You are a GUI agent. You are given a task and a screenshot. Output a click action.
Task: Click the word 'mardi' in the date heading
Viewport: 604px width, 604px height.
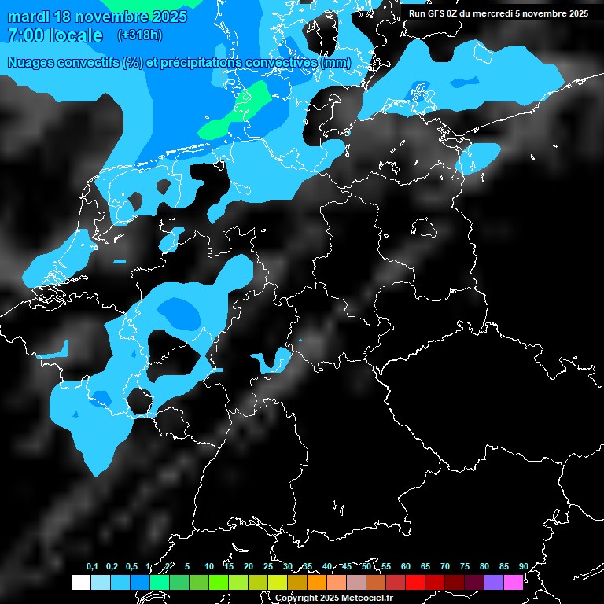(28, 17)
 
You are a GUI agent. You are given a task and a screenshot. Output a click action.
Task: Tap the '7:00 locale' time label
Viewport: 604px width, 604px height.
(55, 35)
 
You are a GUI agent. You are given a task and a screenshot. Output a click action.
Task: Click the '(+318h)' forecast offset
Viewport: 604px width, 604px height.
(139, 35)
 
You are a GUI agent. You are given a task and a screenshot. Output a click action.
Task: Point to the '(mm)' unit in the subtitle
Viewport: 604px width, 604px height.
(336, 62)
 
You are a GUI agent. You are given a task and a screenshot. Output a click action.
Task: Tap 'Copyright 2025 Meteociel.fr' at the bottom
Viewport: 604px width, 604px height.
(334, 598)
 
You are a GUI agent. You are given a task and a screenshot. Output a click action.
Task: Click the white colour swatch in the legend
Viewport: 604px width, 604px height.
(80, 582)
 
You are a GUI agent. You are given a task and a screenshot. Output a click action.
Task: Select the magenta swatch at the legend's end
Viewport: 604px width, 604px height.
(514, 582)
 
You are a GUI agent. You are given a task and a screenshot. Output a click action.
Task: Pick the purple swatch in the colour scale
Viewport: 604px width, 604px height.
(494, 582)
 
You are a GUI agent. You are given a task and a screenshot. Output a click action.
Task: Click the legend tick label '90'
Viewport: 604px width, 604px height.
(523, 566)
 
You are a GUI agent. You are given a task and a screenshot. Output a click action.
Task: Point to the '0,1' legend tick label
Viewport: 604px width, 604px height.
(92, 566)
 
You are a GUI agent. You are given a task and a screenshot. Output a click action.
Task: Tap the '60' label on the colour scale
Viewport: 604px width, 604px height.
(405, 566)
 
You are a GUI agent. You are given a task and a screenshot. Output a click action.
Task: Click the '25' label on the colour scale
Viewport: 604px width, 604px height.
(267, 566)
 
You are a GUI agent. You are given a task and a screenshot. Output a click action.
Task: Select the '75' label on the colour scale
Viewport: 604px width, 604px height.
(464, 566)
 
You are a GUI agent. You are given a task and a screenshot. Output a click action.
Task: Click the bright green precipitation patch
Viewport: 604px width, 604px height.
(240, 114)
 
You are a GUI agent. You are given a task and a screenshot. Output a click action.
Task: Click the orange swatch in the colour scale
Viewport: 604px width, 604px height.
(317, 582)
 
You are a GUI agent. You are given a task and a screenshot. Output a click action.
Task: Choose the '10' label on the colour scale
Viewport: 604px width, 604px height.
(208, 566)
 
